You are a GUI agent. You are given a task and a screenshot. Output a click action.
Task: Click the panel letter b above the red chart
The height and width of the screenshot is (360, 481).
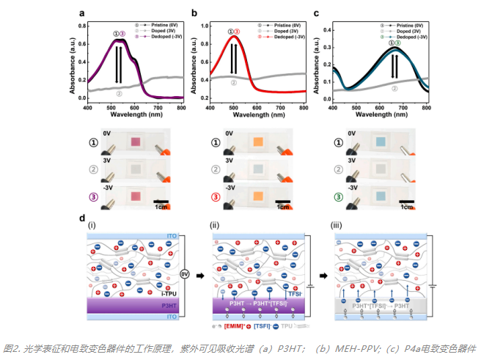tap(194, 13)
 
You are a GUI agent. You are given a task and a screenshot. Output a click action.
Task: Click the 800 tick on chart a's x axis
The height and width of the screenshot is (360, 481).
tap(181, 109)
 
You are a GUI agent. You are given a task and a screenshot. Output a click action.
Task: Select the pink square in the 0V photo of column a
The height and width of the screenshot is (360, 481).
tap(134, 142)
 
